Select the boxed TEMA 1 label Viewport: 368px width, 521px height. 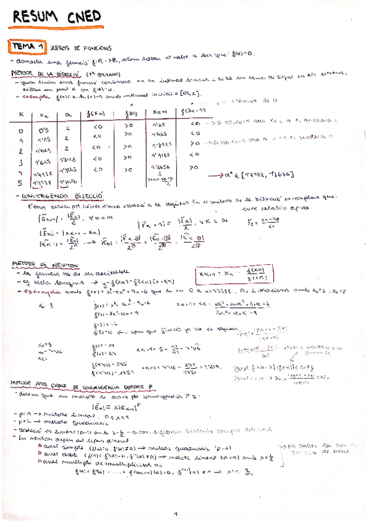pos(26,47)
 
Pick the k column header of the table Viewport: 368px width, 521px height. pos(22,114)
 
